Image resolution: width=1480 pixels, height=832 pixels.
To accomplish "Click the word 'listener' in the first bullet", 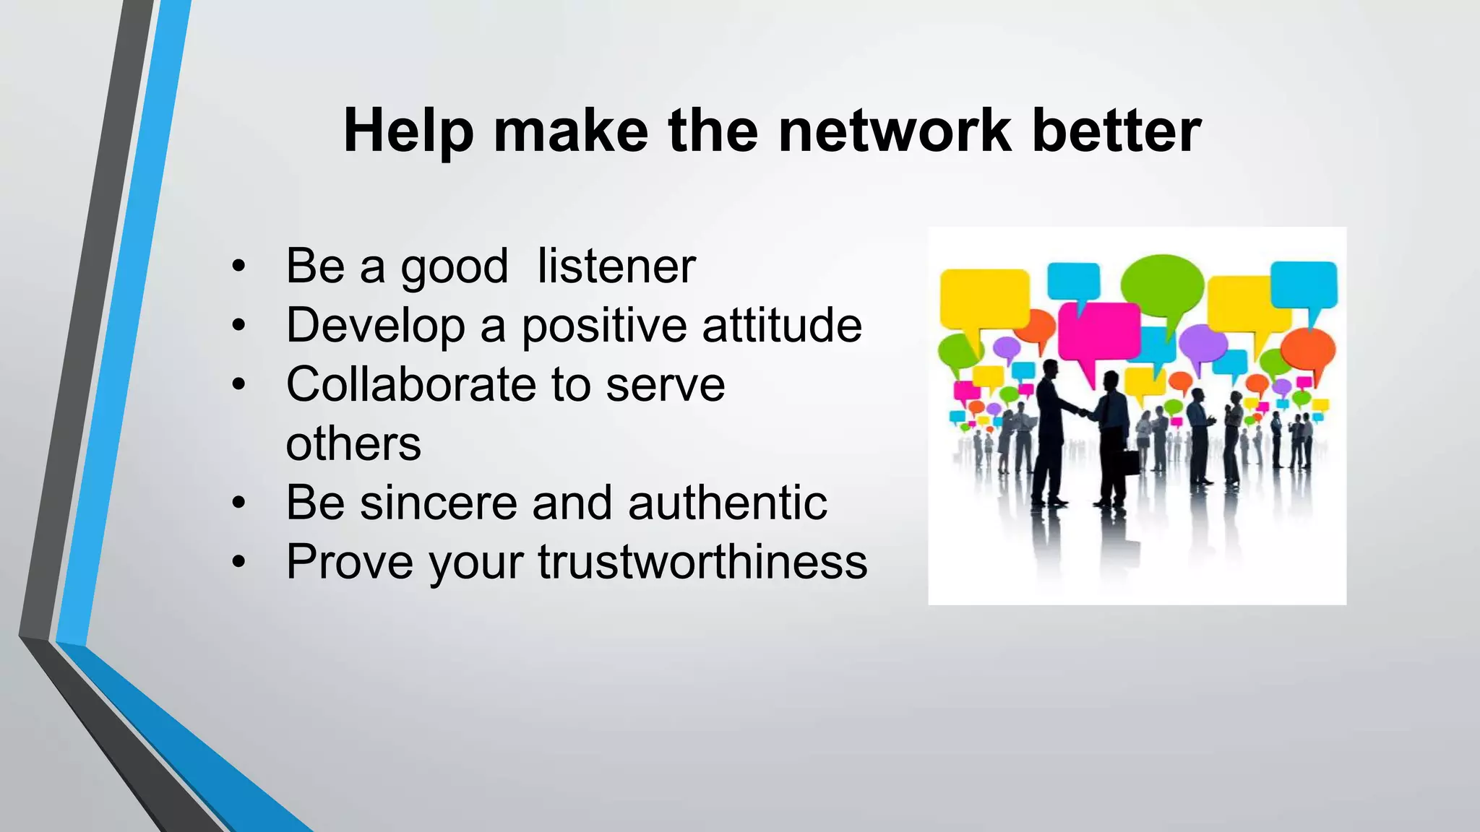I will click(616, 266).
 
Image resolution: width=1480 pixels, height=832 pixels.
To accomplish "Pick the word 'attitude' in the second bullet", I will click(782, 325).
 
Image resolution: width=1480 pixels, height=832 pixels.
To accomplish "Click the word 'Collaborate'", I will click(410, 384).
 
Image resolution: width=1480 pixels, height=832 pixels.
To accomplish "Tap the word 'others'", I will click(353, 443).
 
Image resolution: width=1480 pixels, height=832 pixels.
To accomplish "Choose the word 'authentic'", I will click(728, 503).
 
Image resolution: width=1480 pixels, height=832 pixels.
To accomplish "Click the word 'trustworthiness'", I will click(702, 562).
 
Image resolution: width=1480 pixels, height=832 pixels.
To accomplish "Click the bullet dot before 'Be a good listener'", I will click(239, 267).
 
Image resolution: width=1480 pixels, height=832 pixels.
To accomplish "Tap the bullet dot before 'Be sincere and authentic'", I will click(239, 503).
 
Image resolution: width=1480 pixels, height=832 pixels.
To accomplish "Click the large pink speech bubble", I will click(1098, 332).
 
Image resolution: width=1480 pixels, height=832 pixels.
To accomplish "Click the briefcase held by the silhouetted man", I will click(1127, 460).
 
